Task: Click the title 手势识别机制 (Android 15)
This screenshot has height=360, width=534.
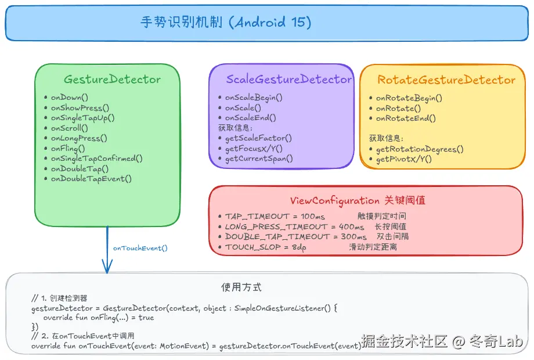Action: pyautogui.click(x=226, y=23)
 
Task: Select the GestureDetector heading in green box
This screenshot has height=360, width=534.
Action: pyautogui.click(x=112, y=80)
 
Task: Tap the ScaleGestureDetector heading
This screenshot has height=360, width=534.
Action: pyautogui.click(x=288, y=80)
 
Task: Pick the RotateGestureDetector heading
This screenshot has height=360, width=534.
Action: pyautogui.click(x=446, y=80)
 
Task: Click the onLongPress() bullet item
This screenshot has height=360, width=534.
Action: pyautogui.click(x=79, y=138)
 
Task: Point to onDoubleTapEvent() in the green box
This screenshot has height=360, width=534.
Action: pyautogui.click(x=91, y=179)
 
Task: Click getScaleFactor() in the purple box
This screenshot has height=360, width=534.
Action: pyautogui.click(x=258, y=138)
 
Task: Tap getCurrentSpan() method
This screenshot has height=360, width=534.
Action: pyautogui.click(x=259, y=159)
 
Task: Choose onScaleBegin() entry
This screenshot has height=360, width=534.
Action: pyautogui.click(x=254, y=98)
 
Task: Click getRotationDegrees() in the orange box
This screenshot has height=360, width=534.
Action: pyautogui.click(x=420, y=149)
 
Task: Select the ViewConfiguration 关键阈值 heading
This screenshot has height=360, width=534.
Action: pyautogui.click(x=358, y=201)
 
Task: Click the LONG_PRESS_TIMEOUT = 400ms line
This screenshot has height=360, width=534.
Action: pyautogui.click(x=295, y=226)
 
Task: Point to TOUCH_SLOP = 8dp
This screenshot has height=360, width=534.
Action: pyautogui.click(x=265, y=247)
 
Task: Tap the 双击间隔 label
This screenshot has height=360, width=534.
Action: pyautogui.click(x=392, y=237)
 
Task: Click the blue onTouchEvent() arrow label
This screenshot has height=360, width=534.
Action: pyautogui.click(x=140, y=249)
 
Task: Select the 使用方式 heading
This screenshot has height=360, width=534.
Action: pyautogui.click(x=241, y=287)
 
